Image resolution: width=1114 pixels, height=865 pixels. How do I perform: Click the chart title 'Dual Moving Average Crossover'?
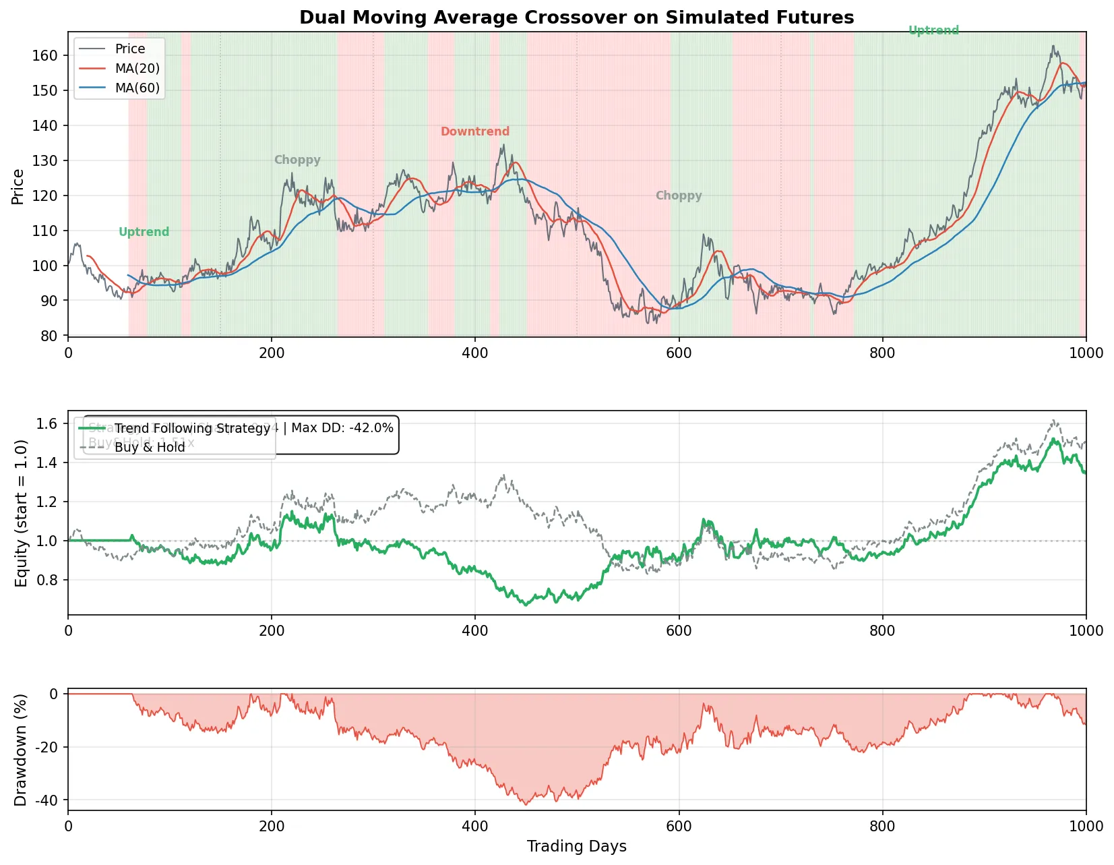(x=576, y=18)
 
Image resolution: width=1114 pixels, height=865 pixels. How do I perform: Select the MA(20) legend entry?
(x=137, y=68)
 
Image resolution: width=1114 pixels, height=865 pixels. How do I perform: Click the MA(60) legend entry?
(x=137, y=88)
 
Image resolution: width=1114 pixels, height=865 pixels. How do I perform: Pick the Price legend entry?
(x=130, y=49)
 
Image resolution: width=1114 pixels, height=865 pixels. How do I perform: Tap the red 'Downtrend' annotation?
(x=474, y=131)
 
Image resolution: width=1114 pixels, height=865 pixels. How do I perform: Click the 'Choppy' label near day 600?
(x=678, y=196)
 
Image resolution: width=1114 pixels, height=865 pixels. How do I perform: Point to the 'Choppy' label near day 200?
(x=297, y=160)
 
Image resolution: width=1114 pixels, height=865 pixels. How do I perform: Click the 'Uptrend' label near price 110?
(x=144, y=232)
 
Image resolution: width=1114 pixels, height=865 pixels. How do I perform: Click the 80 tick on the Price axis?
(x=49, y=336)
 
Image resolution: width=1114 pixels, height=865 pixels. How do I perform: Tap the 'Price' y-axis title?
(x=18, y=186)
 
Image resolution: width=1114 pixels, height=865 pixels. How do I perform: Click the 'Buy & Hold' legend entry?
(x=150, y=447)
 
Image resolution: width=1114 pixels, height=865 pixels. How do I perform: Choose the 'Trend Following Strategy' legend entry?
(x=192, y=428)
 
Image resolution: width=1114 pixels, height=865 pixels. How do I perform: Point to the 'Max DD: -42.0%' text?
(x=342, y=428)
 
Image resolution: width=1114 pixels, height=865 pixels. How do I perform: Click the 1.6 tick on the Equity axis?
(x=47, y=423)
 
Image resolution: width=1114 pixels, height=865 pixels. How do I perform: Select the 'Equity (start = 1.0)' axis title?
(x=22, y=513)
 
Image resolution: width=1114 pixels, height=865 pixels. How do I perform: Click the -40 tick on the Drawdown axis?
(x=45, y=800)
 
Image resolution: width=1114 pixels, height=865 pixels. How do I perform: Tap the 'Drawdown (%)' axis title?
(x=20, y=750)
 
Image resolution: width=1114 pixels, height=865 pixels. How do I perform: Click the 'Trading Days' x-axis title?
(x=576, y=846)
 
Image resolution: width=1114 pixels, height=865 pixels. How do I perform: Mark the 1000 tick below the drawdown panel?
(x=1086, y=826)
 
